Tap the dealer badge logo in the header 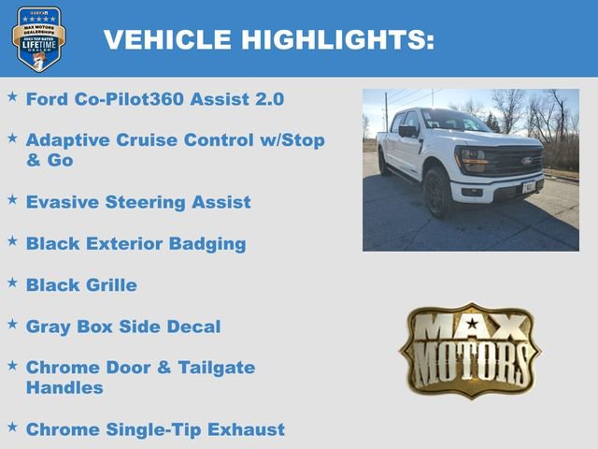(x=38, y=38)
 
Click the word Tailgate (x=214, y=368)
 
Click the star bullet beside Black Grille (x=12, y=282)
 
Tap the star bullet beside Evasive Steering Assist (x=12, y=198)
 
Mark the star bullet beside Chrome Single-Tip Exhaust (x=12, y=427)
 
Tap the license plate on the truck (x=529, y=187)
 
